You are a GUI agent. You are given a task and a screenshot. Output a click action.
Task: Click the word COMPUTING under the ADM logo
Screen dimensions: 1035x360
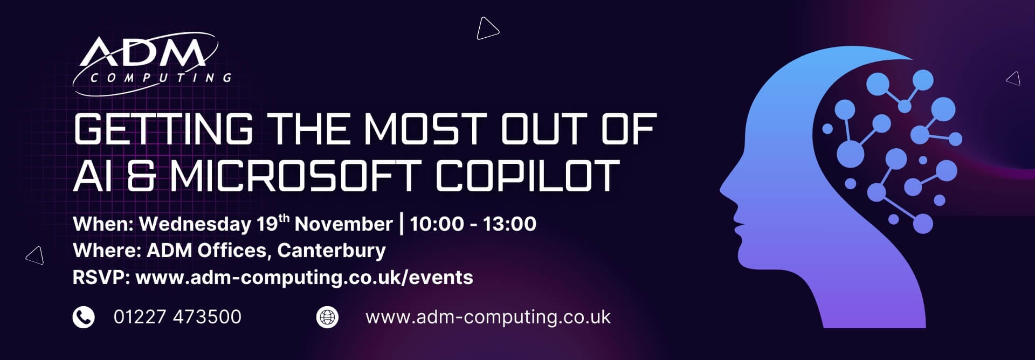point(161,78)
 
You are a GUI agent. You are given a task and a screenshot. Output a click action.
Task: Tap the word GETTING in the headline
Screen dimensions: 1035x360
point(163,129)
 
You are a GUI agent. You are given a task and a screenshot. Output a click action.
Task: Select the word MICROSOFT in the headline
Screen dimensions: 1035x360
point(294,175)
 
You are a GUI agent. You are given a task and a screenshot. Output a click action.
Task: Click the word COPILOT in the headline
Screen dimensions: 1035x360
point(528,175)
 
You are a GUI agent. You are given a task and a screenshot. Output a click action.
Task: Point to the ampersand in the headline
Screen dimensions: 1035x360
point(141,175)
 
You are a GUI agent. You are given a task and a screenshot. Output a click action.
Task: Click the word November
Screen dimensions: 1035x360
point(343,224)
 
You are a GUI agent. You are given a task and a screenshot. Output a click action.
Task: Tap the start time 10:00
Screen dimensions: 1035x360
point(437,224)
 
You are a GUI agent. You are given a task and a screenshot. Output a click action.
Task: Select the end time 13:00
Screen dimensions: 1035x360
point(509,224)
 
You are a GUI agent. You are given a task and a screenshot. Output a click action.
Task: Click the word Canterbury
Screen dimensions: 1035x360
point(332,251)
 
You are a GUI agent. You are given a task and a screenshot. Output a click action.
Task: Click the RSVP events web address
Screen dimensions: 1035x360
point(304,278)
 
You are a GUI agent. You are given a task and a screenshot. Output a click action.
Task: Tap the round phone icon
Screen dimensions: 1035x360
point(84,317)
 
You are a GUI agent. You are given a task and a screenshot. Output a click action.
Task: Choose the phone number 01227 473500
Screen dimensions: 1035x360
point(177,317)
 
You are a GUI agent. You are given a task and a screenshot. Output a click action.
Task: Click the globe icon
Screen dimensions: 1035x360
point(327,317)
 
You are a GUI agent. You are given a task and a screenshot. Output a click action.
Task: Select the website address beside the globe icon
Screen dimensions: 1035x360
point(488,317)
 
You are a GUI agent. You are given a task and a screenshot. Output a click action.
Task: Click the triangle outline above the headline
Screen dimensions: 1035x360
point(487,29)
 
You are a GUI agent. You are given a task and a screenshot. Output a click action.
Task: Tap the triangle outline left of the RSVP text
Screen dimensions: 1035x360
point(35,255)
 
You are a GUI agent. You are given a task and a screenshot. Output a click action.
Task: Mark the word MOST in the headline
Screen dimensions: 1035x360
point(422,129)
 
